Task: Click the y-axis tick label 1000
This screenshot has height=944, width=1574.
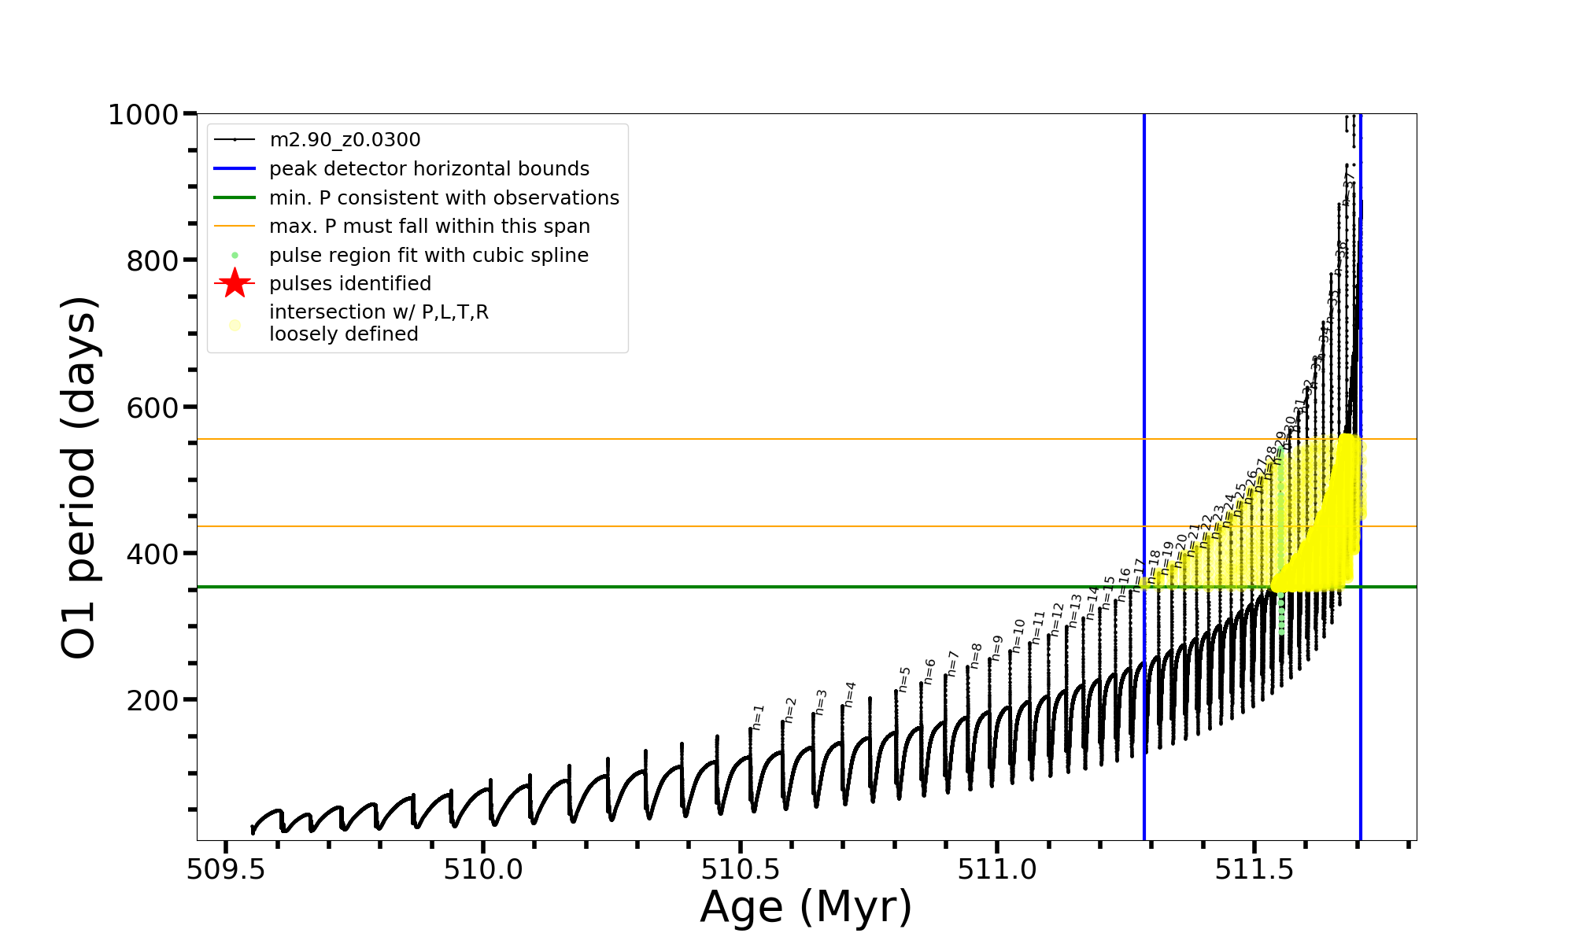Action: tap(143, 116)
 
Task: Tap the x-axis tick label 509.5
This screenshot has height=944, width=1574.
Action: tap(226, 869)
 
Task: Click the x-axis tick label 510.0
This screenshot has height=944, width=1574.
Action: tap(483, 869)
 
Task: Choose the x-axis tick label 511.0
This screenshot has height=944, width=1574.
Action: tap(997, 869)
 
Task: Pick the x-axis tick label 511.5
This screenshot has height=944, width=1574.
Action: tap(1254, 869)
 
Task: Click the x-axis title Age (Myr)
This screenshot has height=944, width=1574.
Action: tap(806, 907)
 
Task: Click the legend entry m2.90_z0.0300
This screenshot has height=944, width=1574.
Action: tap(345, 140)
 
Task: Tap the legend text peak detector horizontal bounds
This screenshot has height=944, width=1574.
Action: tap(429, 169)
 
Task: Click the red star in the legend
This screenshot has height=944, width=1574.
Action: tap(235, 283)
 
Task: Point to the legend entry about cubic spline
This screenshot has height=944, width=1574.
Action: tap(428, 256)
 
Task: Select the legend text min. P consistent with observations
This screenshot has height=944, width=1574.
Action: tap(444, 198)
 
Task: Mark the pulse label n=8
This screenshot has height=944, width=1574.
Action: tap(976, 655)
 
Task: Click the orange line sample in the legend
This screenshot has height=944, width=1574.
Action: tap(235, 227)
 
